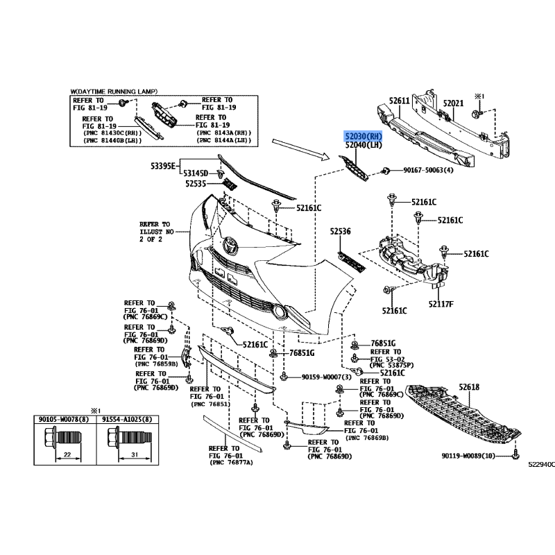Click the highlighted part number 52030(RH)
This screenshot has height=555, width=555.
tap(364, 136)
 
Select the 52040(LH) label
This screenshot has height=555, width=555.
tap(364, 145)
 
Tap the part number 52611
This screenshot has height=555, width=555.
tap(400, 101)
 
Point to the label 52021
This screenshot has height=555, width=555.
tap(453, 103)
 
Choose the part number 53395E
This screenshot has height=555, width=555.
tap(164, 167)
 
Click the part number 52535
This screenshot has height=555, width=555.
tap(198, 184)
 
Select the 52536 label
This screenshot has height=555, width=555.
tap(341, 232)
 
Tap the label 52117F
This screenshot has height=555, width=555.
tap(441, 304)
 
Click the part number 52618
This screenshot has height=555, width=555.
tap(468, 387)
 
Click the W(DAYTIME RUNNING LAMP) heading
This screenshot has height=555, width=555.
tap(114, 92)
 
